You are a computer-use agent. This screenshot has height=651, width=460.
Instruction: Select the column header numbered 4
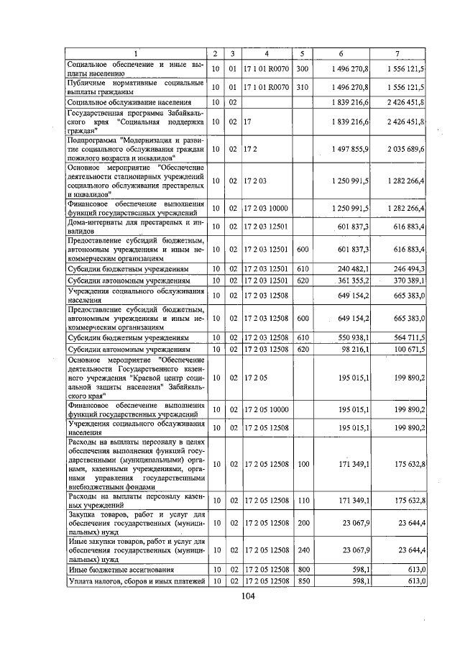pos(266,55)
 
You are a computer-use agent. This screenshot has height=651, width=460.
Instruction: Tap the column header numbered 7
pos(397,55)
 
